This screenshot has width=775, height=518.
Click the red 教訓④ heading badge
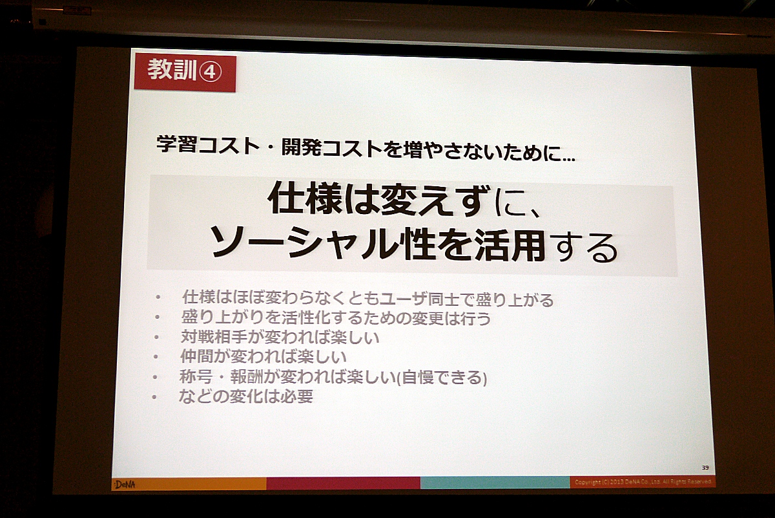point(185,72)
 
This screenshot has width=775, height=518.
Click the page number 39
point(705,468)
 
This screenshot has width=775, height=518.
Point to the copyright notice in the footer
point(643,482)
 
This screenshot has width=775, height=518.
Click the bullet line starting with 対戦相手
point(280,337)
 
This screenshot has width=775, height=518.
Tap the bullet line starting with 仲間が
point(263,356)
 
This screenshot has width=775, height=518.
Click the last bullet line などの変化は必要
point(246,396)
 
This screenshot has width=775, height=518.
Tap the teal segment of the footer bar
point(495,482)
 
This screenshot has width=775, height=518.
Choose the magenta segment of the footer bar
point(343,483)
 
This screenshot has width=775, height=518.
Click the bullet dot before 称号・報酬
point(155,377)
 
